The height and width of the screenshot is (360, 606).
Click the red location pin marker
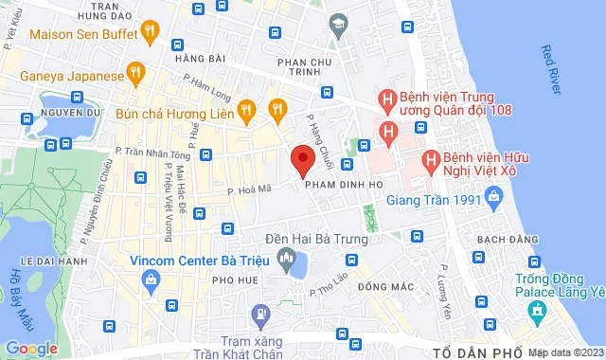pos(302,160)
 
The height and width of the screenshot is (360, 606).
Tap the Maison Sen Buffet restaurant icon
pos(150,34)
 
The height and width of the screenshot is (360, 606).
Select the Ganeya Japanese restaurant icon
pos(135,73)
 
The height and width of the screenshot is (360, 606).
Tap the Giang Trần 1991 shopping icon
pos(492,197)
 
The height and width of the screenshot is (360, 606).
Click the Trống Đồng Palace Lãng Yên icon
pos(541,310)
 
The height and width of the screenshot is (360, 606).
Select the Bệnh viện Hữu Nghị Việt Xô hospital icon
pos(430,161)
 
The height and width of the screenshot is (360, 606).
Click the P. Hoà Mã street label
pos(251,189)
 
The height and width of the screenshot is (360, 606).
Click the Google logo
pos(31,348)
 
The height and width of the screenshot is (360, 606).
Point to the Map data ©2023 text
pos(565,352)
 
